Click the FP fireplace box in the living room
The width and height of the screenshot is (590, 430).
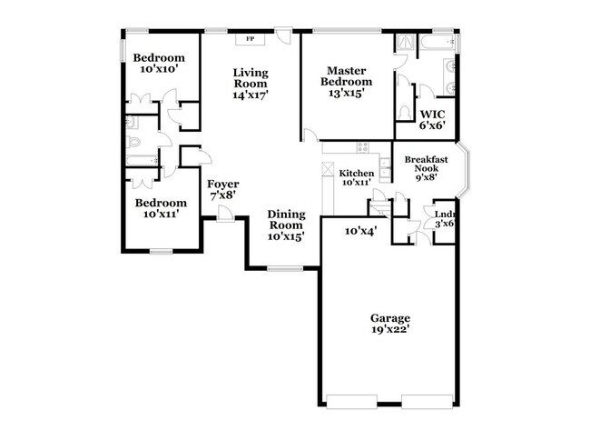250,40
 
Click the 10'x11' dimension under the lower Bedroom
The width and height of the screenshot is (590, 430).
160,215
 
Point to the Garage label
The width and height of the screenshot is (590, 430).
389,318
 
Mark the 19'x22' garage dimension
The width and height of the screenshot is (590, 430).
389,332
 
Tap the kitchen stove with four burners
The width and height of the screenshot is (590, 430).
362,147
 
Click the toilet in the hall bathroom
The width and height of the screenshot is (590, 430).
132,142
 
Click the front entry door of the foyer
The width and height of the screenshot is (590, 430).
223,215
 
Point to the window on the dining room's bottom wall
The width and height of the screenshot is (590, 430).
284,268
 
